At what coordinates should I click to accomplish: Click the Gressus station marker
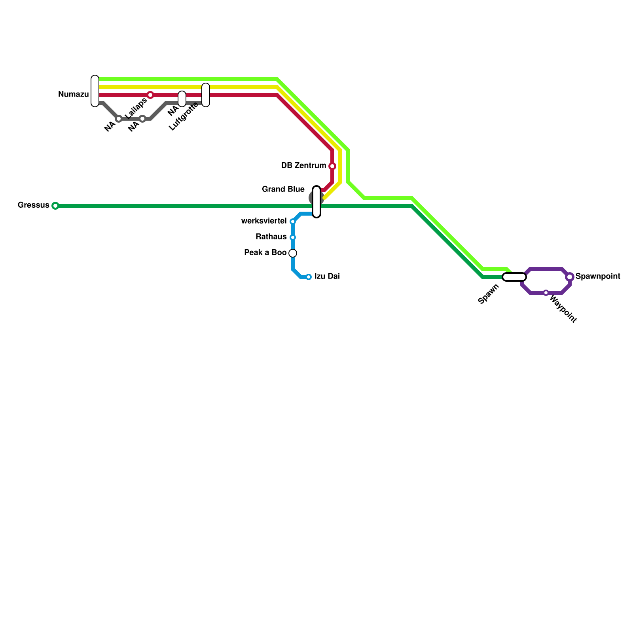[55, 206]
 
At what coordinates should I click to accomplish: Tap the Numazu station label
[73, 95]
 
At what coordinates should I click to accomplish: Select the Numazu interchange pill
[95, 91]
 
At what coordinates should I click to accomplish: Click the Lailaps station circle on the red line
[150, 95]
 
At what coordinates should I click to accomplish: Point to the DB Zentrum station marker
[332, 166]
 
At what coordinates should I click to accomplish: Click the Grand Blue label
[283, 190]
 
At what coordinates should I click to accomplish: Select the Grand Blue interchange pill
[316, 202]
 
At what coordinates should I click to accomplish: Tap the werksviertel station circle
[293, 222]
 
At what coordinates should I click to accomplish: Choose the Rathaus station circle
[293, 237]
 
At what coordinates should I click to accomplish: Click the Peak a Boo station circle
[293, 253]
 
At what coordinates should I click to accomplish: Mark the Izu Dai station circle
[309, 277]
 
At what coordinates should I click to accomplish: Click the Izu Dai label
[327, 277]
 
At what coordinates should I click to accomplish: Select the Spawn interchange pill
[514, 277]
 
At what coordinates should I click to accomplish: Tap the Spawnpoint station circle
[570, 277]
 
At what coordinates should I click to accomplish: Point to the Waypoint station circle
[546, 293]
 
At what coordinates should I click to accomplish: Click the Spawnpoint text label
[598, 277]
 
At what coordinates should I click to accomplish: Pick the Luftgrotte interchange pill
[206, 95]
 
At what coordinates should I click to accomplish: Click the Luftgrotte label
[183, 116]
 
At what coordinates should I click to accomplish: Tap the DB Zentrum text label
[303, 166]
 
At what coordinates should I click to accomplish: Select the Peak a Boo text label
[265, 253]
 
